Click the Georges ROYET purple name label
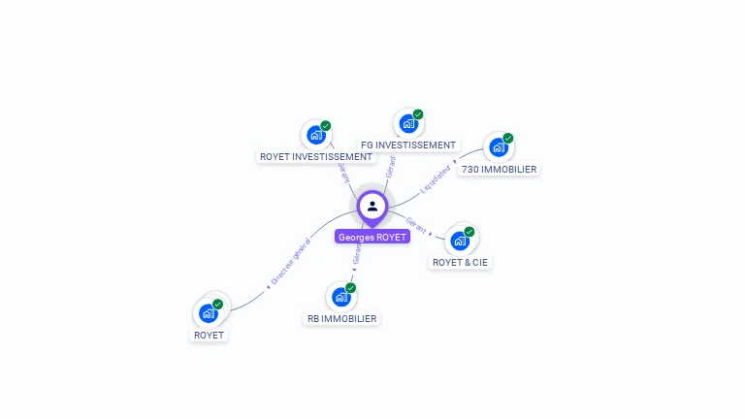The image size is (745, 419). click(372, 237)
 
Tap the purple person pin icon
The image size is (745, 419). click(372, 207)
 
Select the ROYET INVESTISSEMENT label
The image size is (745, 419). click(315, 156)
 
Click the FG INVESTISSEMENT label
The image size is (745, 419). click(408, 145)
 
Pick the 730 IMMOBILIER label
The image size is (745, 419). click(499, 169)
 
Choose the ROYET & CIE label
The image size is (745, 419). click(460, 262)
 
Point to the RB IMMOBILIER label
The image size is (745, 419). click(341, 318)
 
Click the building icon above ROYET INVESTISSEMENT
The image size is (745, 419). click(314, 135)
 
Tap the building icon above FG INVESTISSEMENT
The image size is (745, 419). click(408, 124)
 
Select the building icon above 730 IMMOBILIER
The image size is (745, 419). click(498, 147)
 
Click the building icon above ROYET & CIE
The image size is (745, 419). click(460, 241)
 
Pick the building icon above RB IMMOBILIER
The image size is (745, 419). click(340, 297)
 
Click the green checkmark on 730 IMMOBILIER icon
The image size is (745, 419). click(507, 138)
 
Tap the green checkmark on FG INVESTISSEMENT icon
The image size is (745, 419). click(418, 114)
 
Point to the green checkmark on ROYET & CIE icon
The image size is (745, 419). click(470, 232)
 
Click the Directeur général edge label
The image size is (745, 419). click(290, 262)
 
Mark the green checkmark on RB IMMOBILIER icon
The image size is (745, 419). click(350, 288)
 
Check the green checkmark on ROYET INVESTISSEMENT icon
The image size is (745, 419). click(326, 126)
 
